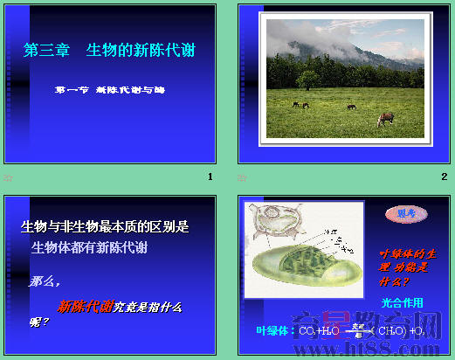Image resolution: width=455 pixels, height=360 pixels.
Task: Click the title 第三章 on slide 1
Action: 48,50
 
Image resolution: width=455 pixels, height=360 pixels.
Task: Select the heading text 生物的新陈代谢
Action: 141,50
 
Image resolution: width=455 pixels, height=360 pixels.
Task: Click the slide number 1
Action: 210,177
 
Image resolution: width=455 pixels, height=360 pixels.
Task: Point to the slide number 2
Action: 444,177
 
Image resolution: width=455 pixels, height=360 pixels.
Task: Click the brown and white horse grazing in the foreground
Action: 384,120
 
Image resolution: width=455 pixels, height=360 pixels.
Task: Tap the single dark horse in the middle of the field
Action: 351,107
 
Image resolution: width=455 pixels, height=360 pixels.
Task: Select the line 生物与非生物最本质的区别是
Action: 105,227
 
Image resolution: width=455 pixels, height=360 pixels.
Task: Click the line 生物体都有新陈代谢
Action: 89,248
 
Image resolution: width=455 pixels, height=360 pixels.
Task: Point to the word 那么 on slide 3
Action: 45,281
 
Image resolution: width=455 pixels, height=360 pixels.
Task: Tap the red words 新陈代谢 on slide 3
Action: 85,307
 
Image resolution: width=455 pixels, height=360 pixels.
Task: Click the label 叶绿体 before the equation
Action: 274,331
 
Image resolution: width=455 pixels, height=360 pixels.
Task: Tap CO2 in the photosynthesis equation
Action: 307,332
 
